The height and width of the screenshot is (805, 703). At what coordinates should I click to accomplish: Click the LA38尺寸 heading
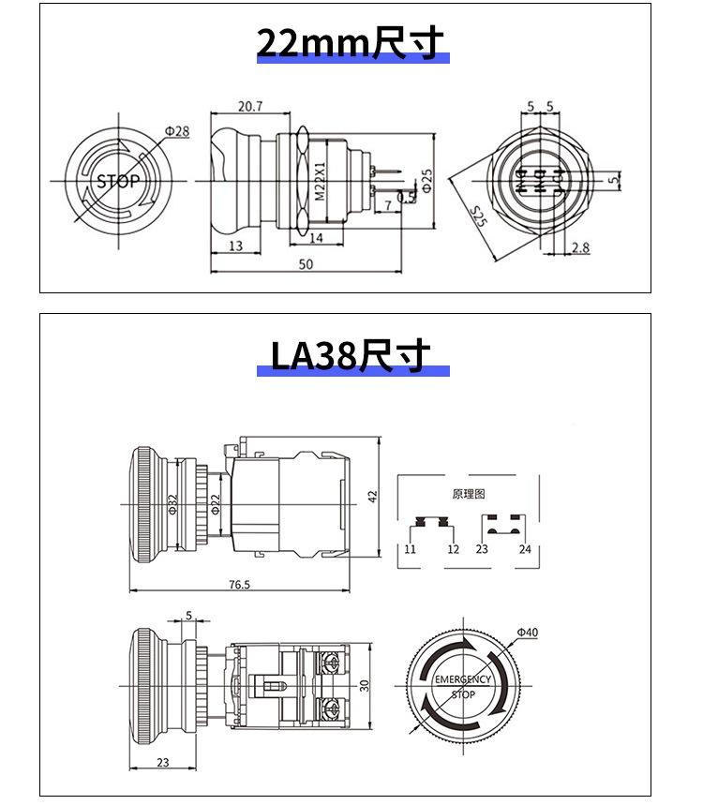[350, 355]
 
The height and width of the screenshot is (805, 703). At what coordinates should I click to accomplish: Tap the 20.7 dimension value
[250, 106]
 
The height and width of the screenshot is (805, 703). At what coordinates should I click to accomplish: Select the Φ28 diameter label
[177, 131]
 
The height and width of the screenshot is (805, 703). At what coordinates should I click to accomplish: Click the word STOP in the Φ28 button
[118, 181]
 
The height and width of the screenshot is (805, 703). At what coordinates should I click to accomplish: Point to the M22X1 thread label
[321, 182]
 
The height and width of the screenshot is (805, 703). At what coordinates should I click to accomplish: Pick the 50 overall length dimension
[306, 264]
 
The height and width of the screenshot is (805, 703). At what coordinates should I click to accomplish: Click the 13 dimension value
[235, 246]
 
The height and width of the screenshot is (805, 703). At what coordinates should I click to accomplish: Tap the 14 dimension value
[316, 238]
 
